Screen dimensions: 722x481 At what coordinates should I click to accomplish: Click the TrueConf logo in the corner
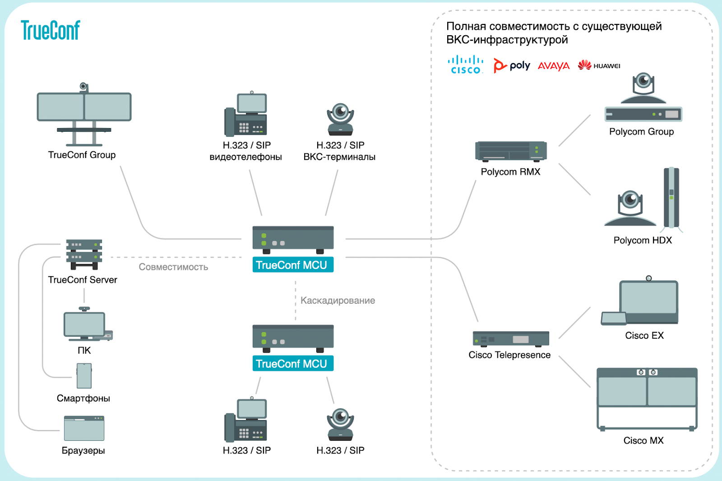coord(50,30)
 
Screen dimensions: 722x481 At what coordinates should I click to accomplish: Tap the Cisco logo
coord(465,65)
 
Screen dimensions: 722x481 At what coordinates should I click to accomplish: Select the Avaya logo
coord(553,66)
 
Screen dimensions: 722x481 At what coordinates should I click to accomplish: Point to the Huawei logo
coord(599,65)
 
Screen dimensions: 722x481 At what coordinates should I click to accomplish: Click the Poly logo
coord(512,66)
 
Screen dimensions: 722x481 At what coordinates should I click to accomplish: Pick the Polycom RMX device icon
coord(511,152)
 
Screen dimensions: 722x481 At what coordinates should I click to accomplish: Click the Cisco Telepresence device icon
coord(511,339)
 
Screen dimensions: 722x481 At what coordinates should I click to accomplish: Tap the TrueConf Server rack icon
coord(84,254)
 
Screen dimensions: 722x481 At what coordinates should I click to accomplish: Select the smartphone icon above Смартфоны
coord(84,376)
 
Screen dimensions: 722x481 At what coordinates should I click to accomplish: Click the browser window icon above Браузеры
coord(84,428)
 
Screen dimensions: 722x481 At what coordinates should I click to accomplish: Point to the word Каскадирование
coord(338,301)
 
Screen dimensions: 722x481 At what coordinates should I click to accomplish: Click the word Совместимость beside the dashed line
coord(173,267)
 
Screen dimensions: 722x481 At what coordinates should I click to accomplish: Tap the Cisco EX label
coord(644,336)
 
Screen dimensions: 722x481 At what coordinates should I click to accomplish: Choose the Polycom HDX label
coord(643,240)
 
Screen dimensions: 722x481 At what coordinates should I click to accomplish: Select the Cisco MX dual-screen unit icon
coord(647,399)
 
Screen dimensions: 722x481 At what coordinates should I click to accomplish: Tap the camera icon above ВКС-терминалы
coord(340,119)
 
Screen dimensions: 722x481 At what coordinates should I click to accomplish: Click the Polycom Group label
coord(641,132)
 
